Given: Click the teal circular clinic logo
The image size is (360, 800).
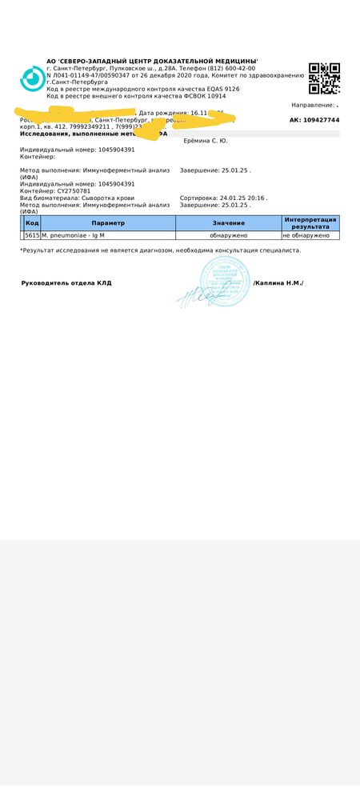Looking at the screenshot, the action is pyautogui.click(x=33, y=78).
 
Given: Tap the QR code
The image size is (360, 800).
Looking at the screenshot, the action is pyautogui.click(x=324, y=78).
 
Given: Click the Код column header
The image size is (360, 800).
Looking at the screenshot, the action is pyautogui.click(x=32, y=222).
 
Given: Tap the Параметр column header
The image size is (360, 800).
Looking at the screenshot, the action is pyautogui.click(x=108, y=222).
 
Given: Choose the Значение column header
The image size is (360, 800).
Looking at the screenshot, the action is pyautogui.click(x=229, y=222).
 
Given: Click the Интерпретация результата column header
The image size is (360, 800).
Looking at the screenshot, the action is pyautogui.click(x=310, y=222).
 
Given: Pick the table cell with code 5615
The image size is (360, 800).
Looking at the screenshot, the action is pyautogui.click(x=32, y=236).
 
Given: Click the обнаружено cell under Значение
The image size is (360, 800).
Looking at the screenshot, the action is pyautogui.click(x=229, y=236).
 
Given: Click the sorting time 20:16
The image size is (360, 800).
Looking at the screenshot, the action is pyautogui.click(x=256, y=198).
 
